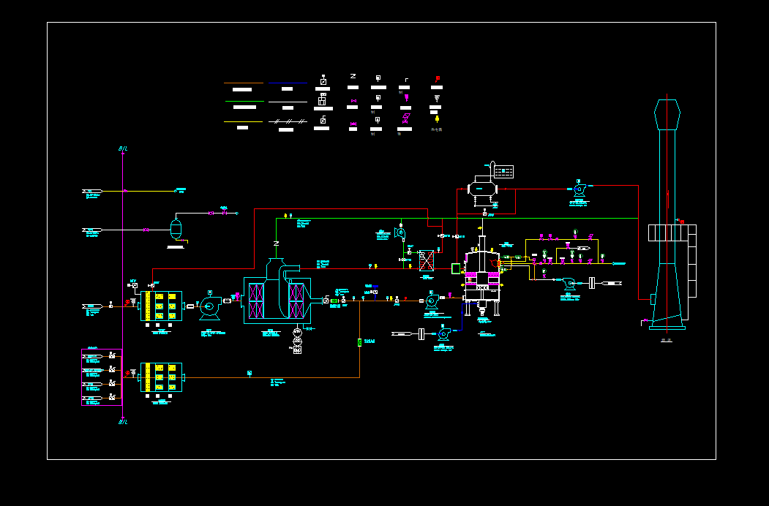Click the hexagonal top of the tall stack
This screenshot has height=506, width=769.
click(x=667, y=114)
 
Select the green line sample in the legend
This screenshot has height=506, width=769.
click(x=244, y=102)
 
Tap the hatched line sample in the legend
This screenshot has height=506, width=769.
click(x=288, y=121)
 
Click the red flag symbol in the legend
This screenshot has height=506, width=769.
click(x=438, y=78)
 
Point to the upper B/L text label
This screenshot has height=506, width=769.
click(x=123, y=149)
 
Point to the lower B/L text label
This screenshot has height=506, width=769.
click(x=123, y=422)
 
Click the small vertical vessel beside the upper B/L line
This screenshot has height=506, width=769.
click(x=176, y=228)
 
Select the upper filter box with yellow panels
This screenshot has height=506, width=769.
click(x=162, y=306)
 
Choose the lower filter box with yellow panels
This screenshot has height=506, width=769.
click(x=162, y=377)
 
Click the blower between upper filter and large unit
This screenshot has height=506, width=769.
click(x=210, y=307)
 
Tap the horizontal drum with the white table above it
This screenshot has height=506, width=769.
click(x=482, y=188)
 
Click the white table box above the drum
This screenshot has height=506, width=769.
click(x=503, y=172)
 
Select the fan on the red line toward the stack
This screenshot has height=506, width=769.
click(x=579, y=189)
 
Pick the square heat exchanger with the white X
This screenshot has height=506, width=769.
click(x=427, y=261)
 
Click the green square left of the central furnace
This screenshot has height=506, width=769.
click(x=457, y=268)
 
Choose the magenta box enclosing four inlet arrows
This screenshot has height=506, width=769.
click(x=102, y=377)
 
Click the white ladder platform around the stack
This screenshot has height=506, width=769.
click(x=672, y=233)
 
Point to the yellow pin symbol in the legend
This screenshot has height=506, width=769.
click(x=437, y=118)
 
